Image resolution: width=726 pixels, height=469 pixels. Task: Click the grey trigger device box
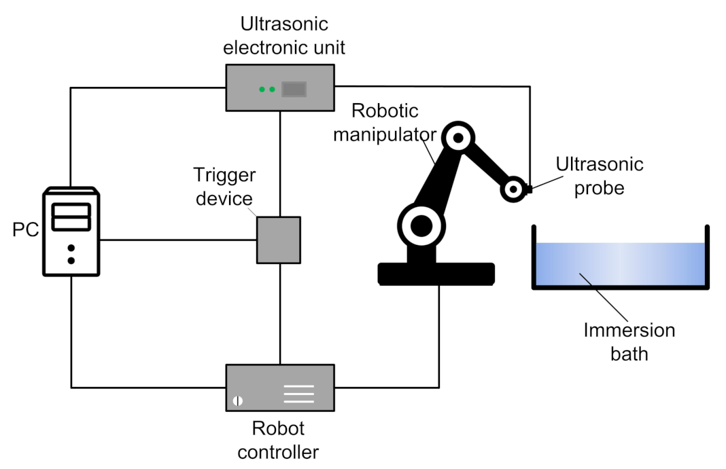278,240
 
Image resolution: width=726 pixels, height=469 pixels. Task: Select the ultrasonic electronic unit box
279,88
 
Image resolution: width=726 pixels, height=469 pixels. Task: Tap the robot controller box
279,388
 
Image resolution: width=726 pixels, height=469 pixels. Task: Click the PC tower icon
71,231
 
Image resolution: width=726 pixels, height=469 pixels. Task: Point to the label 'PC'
24,230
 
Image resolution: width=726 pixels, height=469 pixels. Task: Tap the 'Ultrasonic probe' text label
599,175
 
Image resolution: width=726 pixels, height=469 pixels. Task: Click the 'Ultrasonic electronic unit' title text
284,37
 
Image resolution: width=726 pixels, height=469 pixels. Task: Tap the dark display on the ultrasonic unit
294,89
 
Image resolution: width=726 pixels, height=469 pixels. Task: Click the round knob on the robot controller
238,400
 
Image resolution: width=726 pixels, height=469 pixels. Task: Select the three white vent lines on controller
298,394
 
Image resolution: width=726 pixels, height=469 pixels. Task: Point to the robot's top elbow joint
457,138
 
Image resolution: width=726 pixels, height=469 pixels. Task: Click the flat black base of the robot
436,273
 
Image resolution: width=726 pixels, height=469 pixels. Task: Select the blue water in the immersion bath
619,264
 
